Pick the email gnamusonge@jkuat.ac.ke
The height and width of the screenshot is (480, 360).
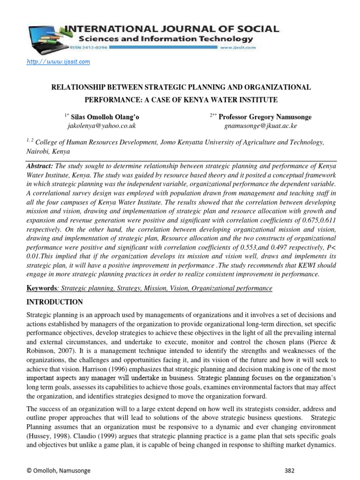pyautogui.click(x=261, y=126)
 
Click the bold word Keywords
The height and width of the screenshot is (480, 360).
pyautogui.click(x=41, y=288)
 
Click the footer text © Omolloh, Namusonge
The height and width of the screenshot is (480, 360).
pyautogui.click(x=52, y=470)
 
